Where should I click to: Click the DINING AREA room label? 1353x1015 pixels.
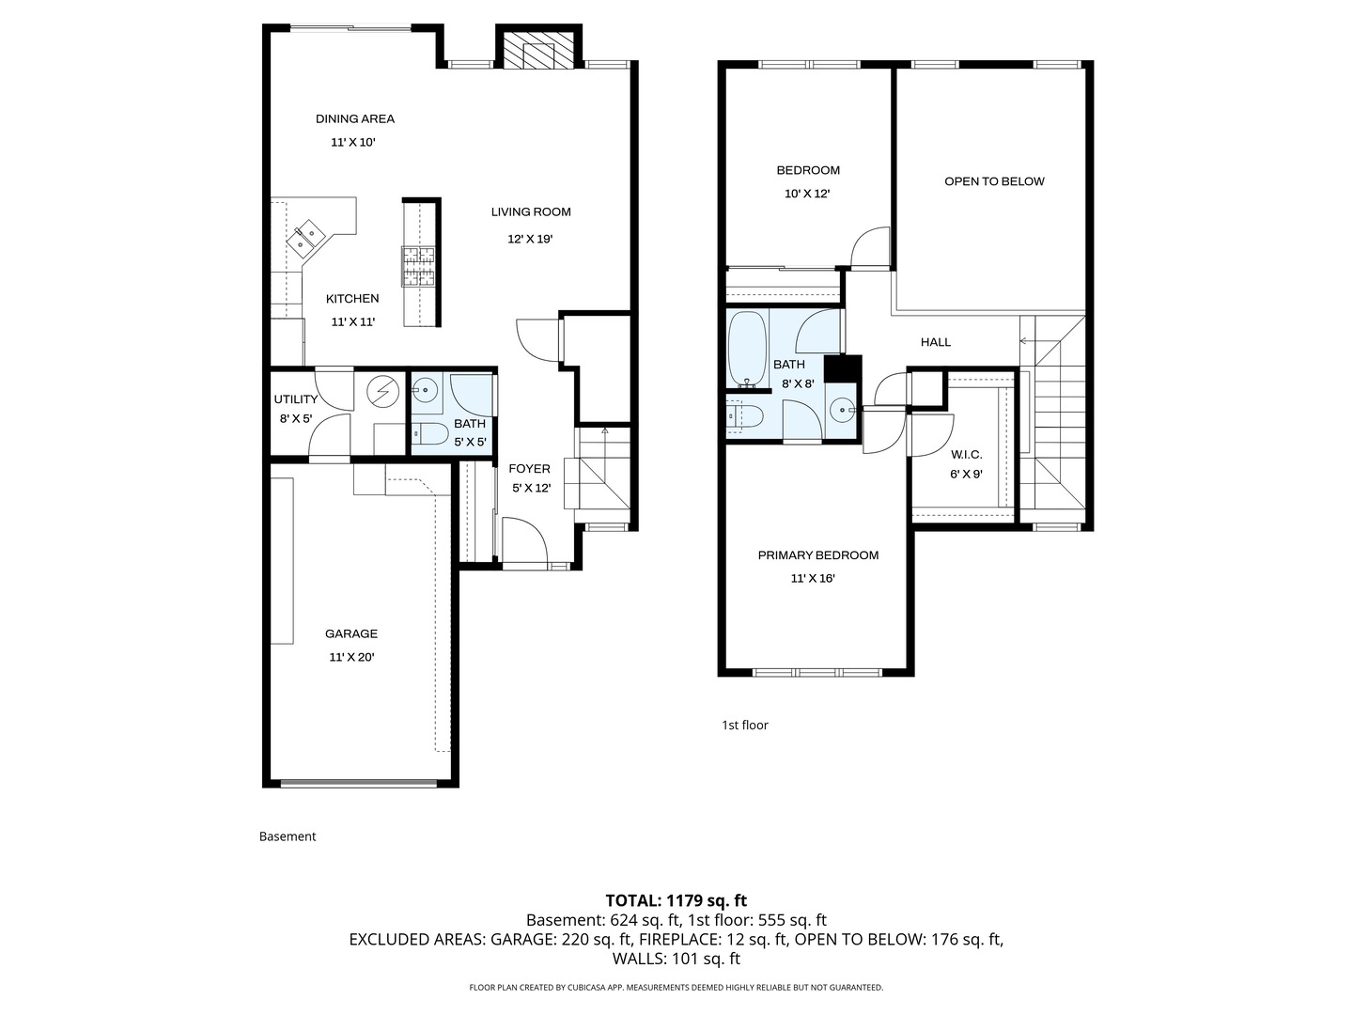354,118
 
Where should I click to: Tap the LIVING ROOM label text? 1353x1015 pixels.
530,211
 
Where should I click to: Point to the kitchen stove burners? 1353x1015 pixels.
419,266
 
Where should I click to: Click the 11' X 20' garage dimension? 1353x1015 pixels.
351,658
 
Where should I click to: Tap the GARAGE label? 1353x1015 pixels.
351,633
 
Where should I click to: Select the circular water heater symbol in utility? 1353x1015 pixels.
382,391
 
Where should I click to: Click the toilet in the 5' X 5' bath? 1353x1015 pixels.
430,434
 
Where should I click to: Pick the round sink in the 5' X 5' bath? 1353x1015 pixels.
426,388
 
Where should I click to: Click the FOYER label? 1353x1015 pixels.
529,469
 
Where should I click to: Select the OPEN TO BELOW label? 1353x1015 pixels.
994,181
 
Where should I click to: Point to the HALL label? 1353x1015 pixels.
935,342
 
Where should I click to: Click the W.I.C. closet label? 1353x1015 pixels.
966,455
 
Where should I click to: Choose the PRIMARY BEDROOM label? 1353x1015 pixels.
817,555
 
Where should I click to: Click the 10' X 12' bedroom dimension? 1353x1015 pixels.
807,194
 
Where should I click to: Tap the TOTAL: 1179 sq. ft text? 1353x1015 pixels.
676,900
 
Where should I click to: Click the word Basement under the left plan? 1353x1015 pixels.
288,836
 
